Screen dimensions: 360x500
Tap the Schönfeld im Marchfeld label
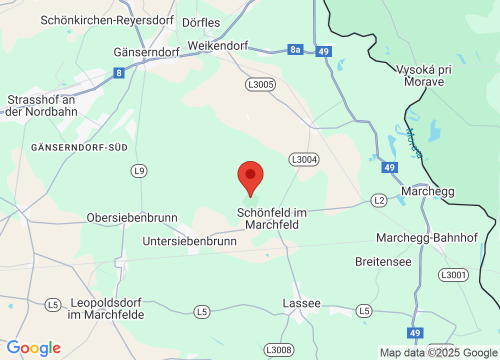pos(272,219)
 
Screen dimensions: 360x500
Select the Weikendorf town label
pos(218,45)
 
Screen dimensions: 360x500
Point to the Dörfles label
pos(201,22)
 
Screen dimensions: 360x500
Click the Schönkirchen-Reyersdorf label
pos(107,20)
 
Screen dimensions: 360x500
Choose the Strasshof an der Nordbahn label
pos(41,106)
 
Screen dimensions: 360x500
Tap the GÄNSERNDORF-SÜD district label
pos(79,147)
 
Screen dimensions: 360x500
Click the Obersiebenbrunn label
pos(132,218)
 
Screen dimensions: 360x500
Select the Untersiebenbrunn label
pos(189,241)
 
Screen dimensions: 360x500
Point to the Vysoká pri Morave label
pos(423,75)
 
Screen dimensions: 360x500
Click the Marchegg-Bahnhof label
pos(427,237)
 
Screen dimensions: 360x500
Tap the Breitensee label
pos(383,261)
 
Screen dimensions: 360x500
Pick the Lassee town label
pos(301,303)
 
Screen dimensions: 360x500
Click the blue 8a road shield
pos(295,49)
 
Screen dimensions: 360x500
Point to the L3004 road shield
pos(303,159)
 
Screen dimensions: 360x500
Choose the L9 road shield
pos(139,171)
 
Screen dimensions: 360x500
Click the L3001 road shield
pos(453,274)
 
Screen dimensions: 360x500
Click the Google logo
pos(33,348)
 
